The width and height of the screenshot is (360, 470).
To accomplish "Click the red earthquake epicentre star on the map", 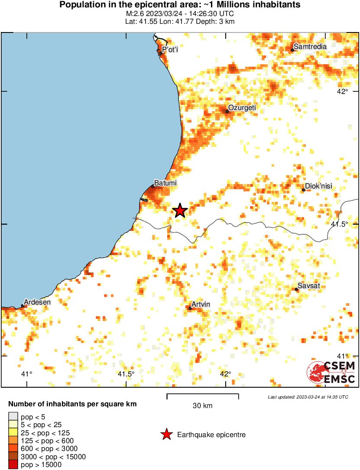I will tap(180, 211).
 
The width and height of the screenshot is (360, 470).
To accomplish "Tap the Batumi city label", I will tap(165, 184).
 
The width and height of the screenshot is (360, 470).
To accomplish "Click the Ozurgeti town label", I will tap(242, 108).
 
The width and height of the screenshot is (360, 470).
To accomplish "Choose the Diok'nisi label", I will tap(318, 186).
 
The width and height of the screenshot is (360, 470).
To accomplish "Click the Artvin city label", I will tap(201, 305).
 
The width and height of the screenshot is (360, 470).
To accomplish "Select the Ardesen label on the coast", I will tap(37, 302).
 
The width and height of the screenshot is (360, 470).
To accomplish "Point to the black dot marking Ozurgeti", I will tap(227, 111).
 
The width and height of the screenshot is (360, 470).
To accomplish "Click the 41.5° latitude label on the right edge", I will tap(340, 224).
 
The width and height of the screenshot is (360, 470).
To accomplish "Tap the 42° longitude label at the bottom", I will tap(225, 374).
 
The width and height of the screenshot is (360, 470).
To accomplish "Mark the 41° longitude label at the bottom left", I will tap(27, 374).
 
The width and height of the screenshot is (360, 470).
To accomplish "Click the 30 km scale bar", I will tap(203, 395).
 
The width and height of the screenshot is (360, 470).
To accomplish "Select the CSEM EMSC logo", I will tap(331, 373).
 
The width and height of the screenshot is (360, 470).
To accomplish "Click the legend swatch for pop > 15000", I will tap(13, 465).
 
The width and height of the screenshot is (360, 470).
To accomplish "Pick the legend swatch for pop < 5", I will tap(13, 417).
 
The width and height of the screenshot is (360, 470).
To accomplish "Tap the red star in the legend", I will tap(165, 434).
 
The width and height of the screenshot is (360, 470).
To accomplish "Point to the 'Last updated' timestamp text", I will tap(308, 397).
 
